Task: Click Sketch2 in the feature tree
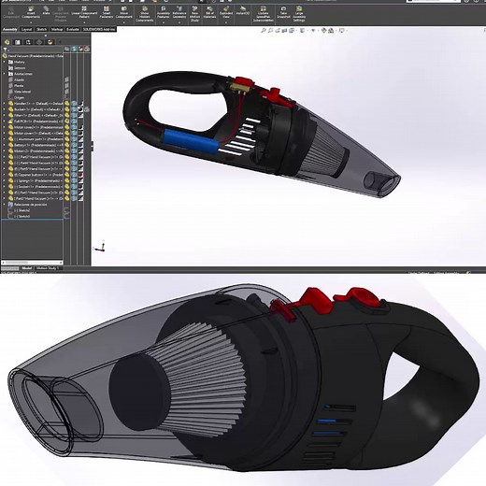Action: [22, 217]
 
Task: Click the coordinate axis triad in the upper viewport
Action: [102, 249]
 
